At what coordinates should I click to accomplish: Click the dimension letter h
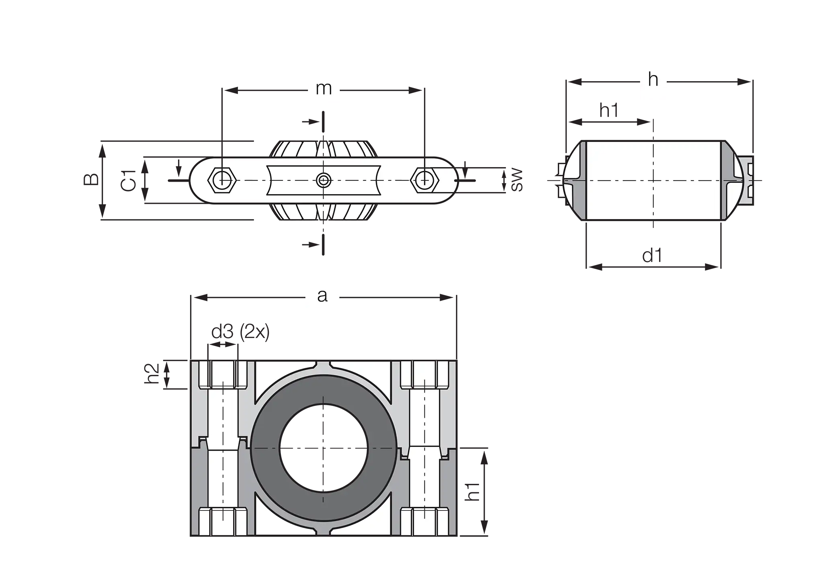click(653, 80)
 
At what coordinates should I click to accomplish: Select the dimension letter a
click(322, 296)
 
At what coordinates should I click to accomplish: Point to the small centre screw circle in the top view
click(323, 180)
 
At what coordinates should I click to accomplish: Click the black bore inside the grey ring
click(323, 448)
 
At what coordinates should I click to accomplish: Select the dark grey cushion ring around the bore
click(265, 448)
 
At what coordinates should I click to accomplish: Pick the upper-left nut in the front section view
click(223, 375)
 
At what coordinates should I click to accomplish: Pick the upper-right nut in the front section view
click(425, 375)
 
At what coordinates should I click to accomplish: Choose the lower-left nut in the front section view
click(223, 521)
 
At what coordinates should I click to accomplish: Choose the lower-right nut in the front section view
click(425, 521)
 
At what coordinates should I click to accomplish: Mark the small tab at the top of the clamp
click(323, 365)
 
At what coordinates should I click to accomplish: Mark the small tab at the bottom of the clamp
click(323, 531)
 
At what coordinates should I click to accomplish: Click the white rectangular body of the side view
click(653, 180)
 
